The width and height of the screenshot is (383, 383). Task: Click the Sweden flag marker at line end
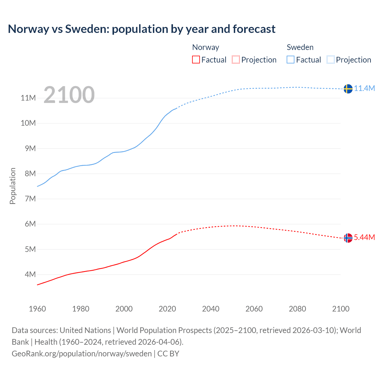pos(348,89)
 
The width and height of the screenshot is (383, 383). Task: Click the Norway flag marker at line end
pos(348,238)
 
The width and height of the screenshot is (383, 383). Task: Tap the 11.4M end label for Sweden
pos(364,88)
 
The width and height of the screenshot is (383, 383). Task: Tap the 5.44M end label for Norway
pos(364,237)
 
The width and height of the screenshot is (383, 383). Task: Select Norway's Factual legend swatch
pos(196,60)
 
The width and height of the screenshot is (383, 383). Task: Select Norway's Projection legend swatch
pos(236,60)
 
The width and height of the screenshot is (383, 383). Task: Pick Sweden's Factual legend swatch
pos(290,60)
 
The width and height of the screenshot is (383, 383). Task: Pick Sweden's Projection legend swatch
pos(330,60)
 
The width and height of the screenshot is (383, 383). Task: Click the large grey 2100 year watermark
pos(69,95)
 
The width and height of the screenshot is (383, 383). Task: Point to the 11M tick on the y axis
pos(28,98)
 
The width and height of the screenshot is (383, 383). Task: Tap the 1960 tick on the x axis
pos(37,309)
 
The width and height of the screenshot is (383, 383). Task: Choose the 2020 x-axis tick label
pos(167,309)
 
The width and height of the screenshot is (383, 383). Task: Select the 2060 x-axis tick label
pos(254,309)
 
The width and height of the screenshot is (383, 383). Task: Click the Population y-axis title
pos(13,186)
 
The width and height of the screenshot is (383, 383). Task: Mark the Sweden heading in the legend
pos(300,47)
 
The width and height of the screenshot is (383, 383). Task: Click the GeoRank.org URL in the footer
pos(82,353)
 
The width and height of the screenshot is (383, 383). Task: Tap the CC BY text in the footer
pos(168,353)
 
